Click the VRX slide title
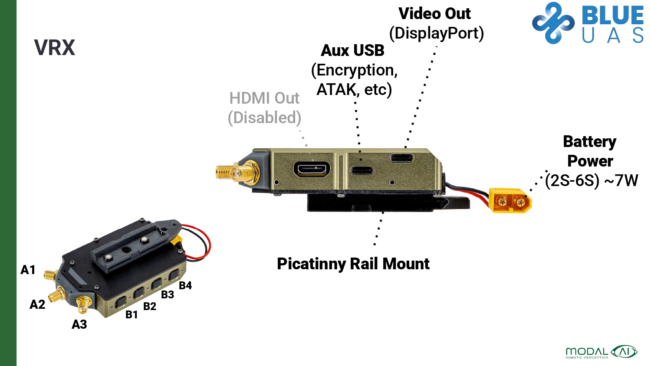[55, 47]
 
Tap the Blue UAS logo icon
[553, 23]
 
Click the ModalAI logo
[601, 352]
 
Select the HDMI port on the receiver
[312, 168]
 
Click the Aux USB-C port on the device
[362, 170]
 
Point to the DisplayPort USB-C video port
[401, 157]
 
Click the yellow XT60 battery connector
[510, 200]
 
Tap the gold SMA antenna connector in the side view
[234, 173]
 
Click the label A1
[28, 270]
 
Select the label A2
[37, 304]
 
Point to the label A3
[79, 324]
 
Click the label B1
[132, 315]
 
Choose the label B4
[185, 285]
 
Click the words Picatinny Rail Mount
[353, 264]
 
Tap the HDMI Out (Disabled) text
[264, 108]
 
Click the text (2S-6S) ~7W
[591, 180]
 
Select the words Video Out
[434, 13]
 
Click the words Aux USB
[352, 51]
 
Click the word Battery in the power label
[589, 142]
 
